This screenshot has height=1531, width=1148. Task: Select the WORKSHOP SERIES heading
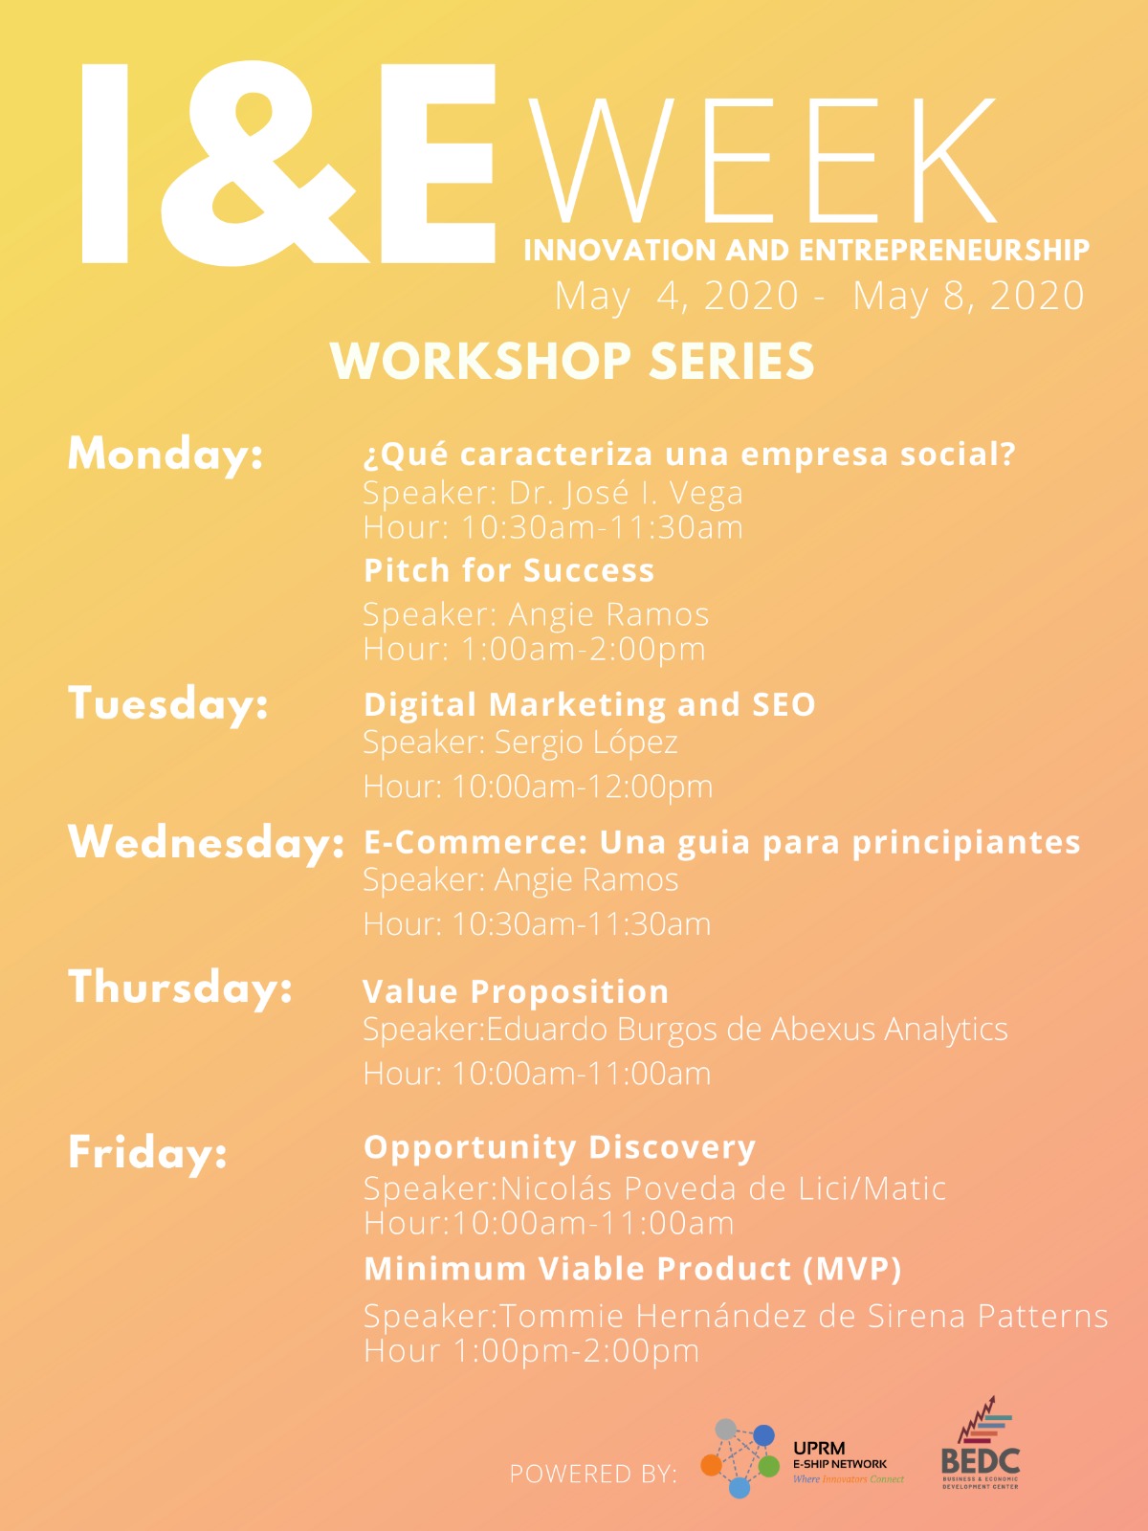coord(572,362)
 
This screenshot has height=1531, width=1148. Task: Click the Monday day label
coord(166,454)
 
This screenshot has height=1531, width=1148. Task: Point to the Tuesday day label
coord(168,703)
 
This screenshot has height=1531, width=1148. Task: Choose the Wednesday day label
coord(206,842)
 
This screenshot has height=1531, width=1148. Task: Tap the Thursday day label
coord(180,987)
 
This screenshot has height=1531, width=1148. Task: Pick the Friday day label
coord(147,1151)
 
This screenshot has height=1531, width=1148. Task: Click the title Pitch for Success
coord(509,570)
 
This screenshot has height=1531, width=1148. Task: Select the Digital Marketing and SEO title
coord(589,704)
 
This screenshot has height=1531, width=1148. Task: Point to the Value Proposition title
coord(516,991)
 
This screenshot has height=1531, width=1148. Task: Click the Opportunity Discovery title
coord(560,1146)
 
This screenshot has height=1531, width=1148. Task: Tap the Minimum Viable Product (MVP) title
coord(632,1269)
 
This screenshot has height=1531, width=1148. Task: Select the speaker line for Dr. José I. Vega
coord(553,493)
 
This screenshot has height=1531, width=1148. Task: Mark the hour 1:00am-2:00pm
coord(534,649)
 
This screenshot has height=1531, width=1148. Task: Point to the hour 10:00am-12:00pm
coord(538,787)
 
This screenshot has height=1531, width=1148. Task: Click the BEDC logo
coord(981,1445)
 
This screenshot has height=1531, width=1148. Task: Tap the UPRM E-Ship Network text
coord(840,1455)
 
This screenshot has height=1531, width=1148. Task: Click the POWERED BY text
coord(593,1474)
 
